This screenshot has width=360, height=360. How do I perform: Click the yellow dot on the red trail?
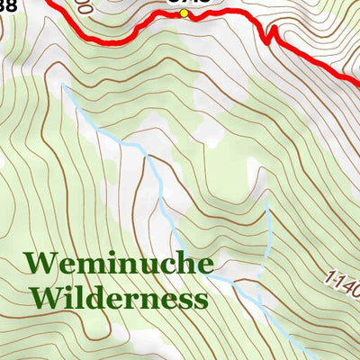(x=184, y=13)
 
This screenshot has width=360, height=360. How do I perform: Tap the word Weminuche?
(x=119, y=264)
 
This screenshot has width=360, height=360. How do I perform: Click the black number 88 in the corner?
(x=8, y=6)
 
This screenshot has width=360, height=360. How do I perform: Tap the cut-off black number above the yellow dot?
(x=189, y=3)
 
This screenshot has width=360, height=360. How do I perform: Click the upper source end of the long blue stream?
(x=64, y=86)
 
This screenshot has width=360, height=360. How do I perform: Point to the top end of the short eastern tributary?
(x=267, y=200)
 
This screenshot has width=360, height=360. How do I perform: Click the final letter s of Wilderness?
(x=198, y=299)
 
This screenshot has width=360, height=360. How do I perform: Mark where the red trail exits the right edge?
(x=357, y=84)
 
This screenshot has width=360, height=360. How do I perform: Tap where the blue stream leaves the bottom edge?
(x=310, y=357)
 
